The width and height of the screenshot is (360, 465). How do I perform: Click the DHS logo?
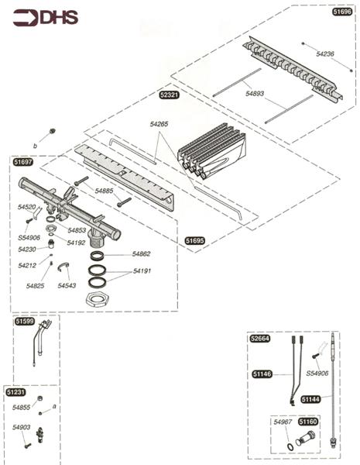coord(45,17)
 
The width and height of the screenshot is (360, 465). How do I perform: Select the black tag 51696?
coord(341,13)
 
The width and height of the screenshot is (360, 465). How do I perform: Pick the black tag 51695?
coord(195,241)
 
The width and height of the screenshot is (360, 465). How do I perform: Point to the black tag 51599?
coord(25,320)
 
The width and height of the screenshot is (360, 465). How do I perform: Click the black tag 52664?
coord(259,339)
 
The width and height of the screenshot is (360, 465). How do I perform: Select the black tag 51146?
coord(262,374)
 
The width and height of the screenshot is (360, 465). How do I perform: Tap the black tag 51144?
coord(310,399)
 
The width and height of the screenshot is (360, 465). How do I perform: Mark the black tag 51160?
coord(308,421)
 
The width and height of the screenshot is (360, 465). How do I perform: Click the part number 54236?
coord(326,53)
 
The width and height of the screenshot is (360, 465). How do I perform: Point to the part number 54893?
coord(255,93)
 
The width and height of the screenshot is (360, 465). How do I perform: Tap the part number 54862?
coord(141,253)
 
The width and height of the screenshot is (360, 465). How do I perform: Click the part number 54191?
coord(142,271)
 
